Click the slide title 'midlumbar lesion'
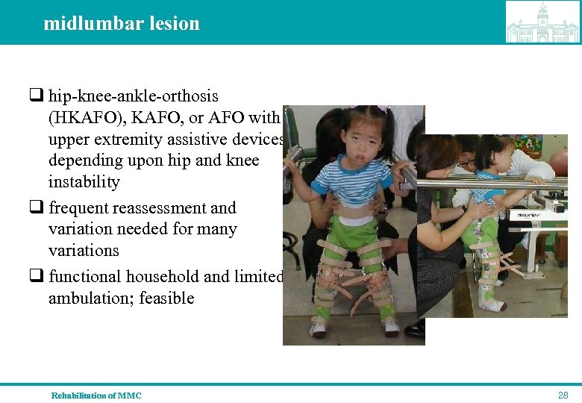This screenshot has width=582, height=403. [122, 24]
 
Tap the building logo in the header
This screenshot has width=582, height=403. [542, 22]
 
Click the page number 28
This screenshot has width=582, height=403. [563, 394]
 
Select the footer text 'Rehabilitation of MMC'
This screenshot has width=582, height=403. [96, 396]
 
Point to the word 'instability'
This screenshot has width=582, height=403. [84, 182]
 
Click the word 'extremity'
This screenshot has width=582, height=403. [119, 140]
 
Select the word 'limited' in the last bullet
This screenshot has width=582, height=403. [258, 277]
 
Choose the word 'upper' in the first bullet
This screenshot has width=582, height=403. [67, 140]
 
